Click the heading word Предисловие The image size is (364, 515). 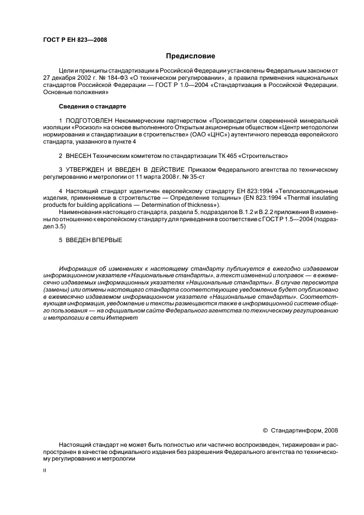(191, 56)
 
